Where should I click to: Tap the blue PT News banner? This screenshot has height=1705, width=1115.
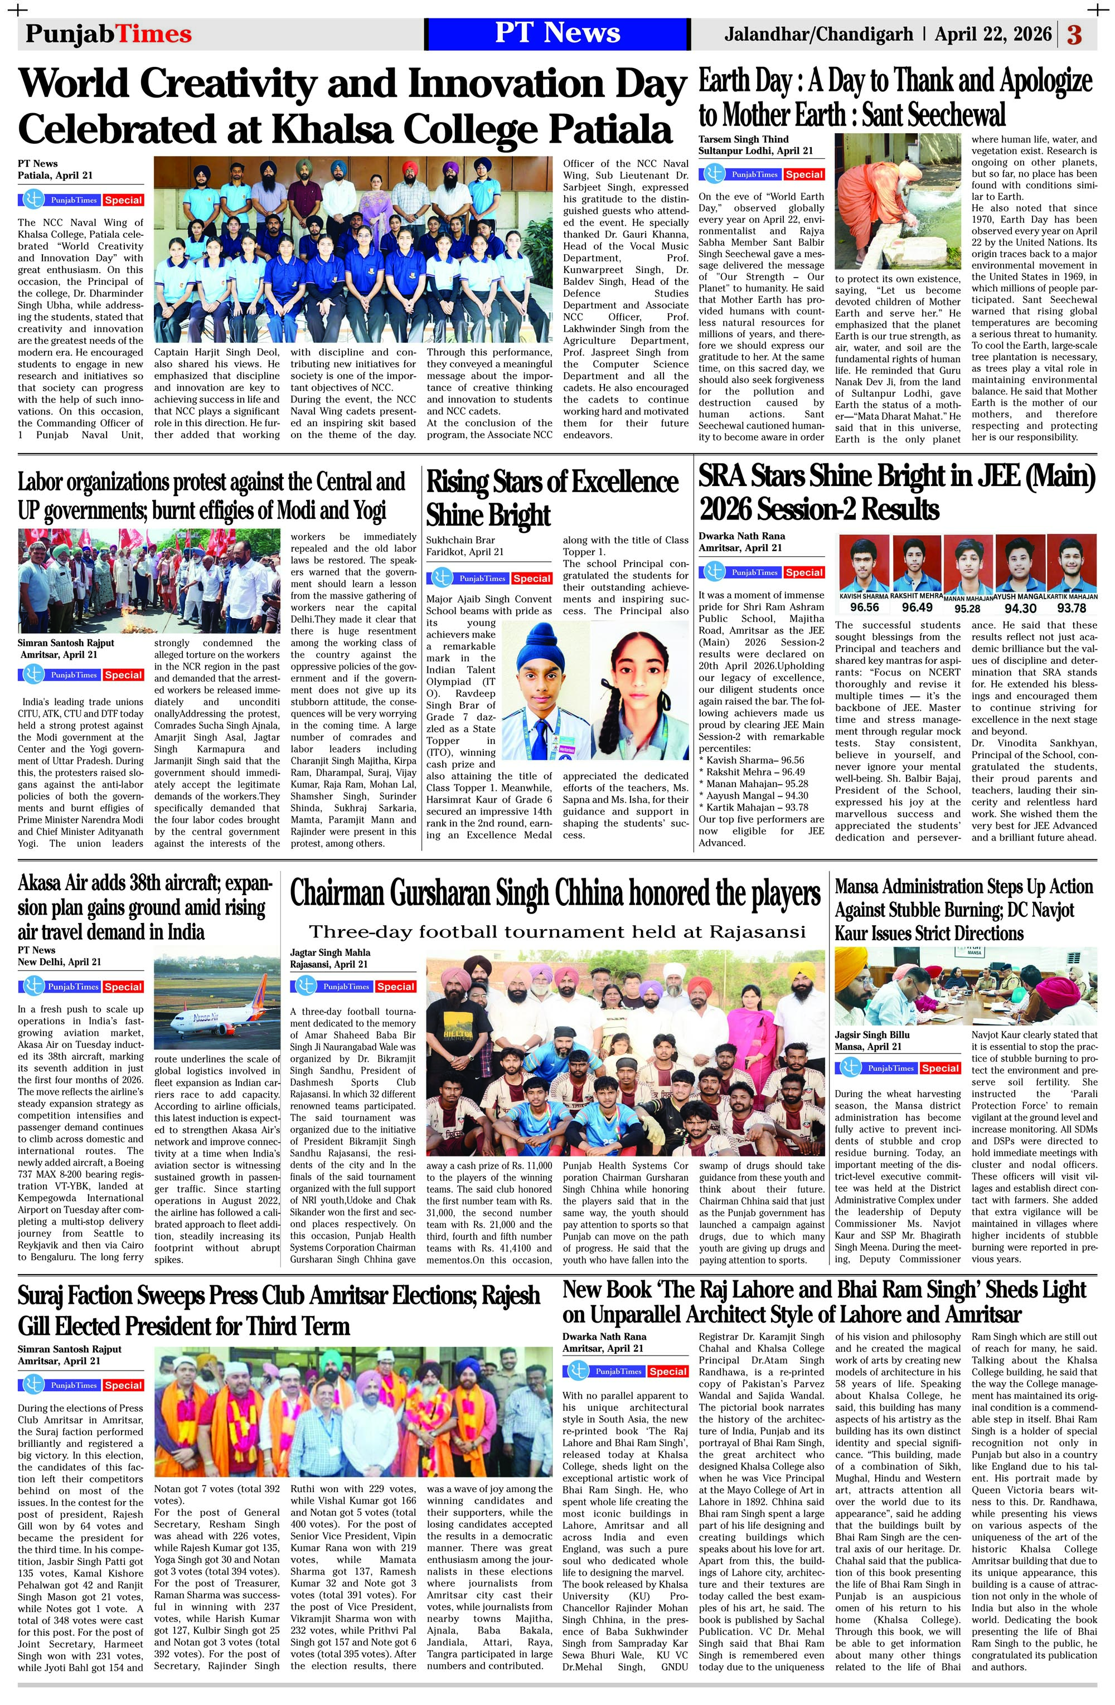pyautogui.click(x=557, y=33)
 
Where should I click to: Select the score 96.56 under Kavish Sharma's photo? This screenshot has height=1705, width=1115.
pyautogui.click(x=864, y=608)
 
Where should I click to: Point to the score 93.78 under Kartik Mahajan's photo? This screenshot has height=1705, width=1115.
pyautogui.click(x=1072, y=608)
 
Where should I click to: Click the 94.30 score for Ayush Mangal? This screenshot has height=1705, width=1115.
pyautogui.click(x=1020, y=608)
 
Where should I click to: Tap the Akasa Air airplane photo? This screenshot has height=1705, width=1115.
pyautogui.click(x=217, y=999)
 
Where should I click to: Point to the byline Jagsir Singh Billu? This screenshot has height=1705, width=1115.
pyautogui.click(x=871, y=1034)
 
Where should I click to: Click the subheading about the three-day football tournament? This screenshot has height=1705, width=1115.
pyautogui.click(x=557, y=932)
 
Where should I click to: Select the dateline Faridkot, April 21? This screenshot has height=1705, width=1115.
pyautogui.click(x=464, y=552)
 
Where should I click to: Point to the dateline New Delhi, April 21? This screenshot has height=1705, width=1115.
pyautogui.click(x=60, y=962)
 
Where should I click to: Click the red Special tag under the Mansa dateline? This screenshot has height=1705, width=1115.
pyautogui.click(x=939, y=1068)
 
